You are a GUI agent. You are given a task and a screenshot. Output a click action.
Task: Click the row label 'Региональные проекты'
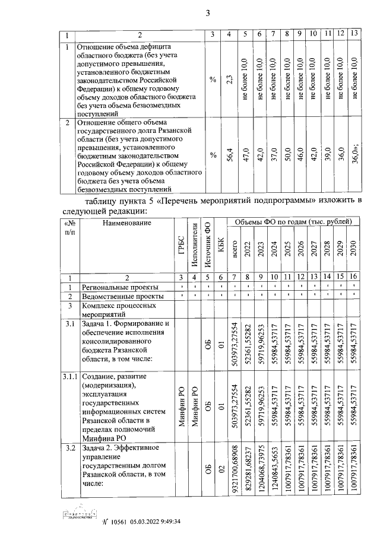tap(115, 287)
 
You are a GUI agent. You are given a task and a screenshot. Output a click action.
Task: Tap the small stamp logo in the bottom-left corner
tap(78, 518)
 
